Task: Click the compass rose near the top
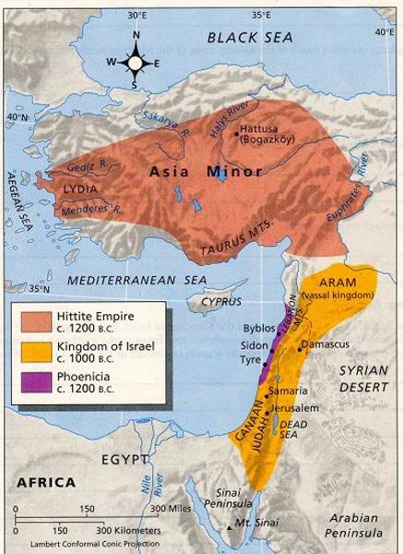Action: [136, 63]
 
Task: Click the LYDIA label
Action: [80, 188]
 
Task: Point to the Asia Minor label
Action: [195, 172]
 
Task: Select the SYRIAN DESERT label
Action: [367, 379]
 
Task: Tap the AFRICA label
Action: [45, 482]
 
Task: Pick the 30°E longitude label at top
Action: [138, 16]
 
